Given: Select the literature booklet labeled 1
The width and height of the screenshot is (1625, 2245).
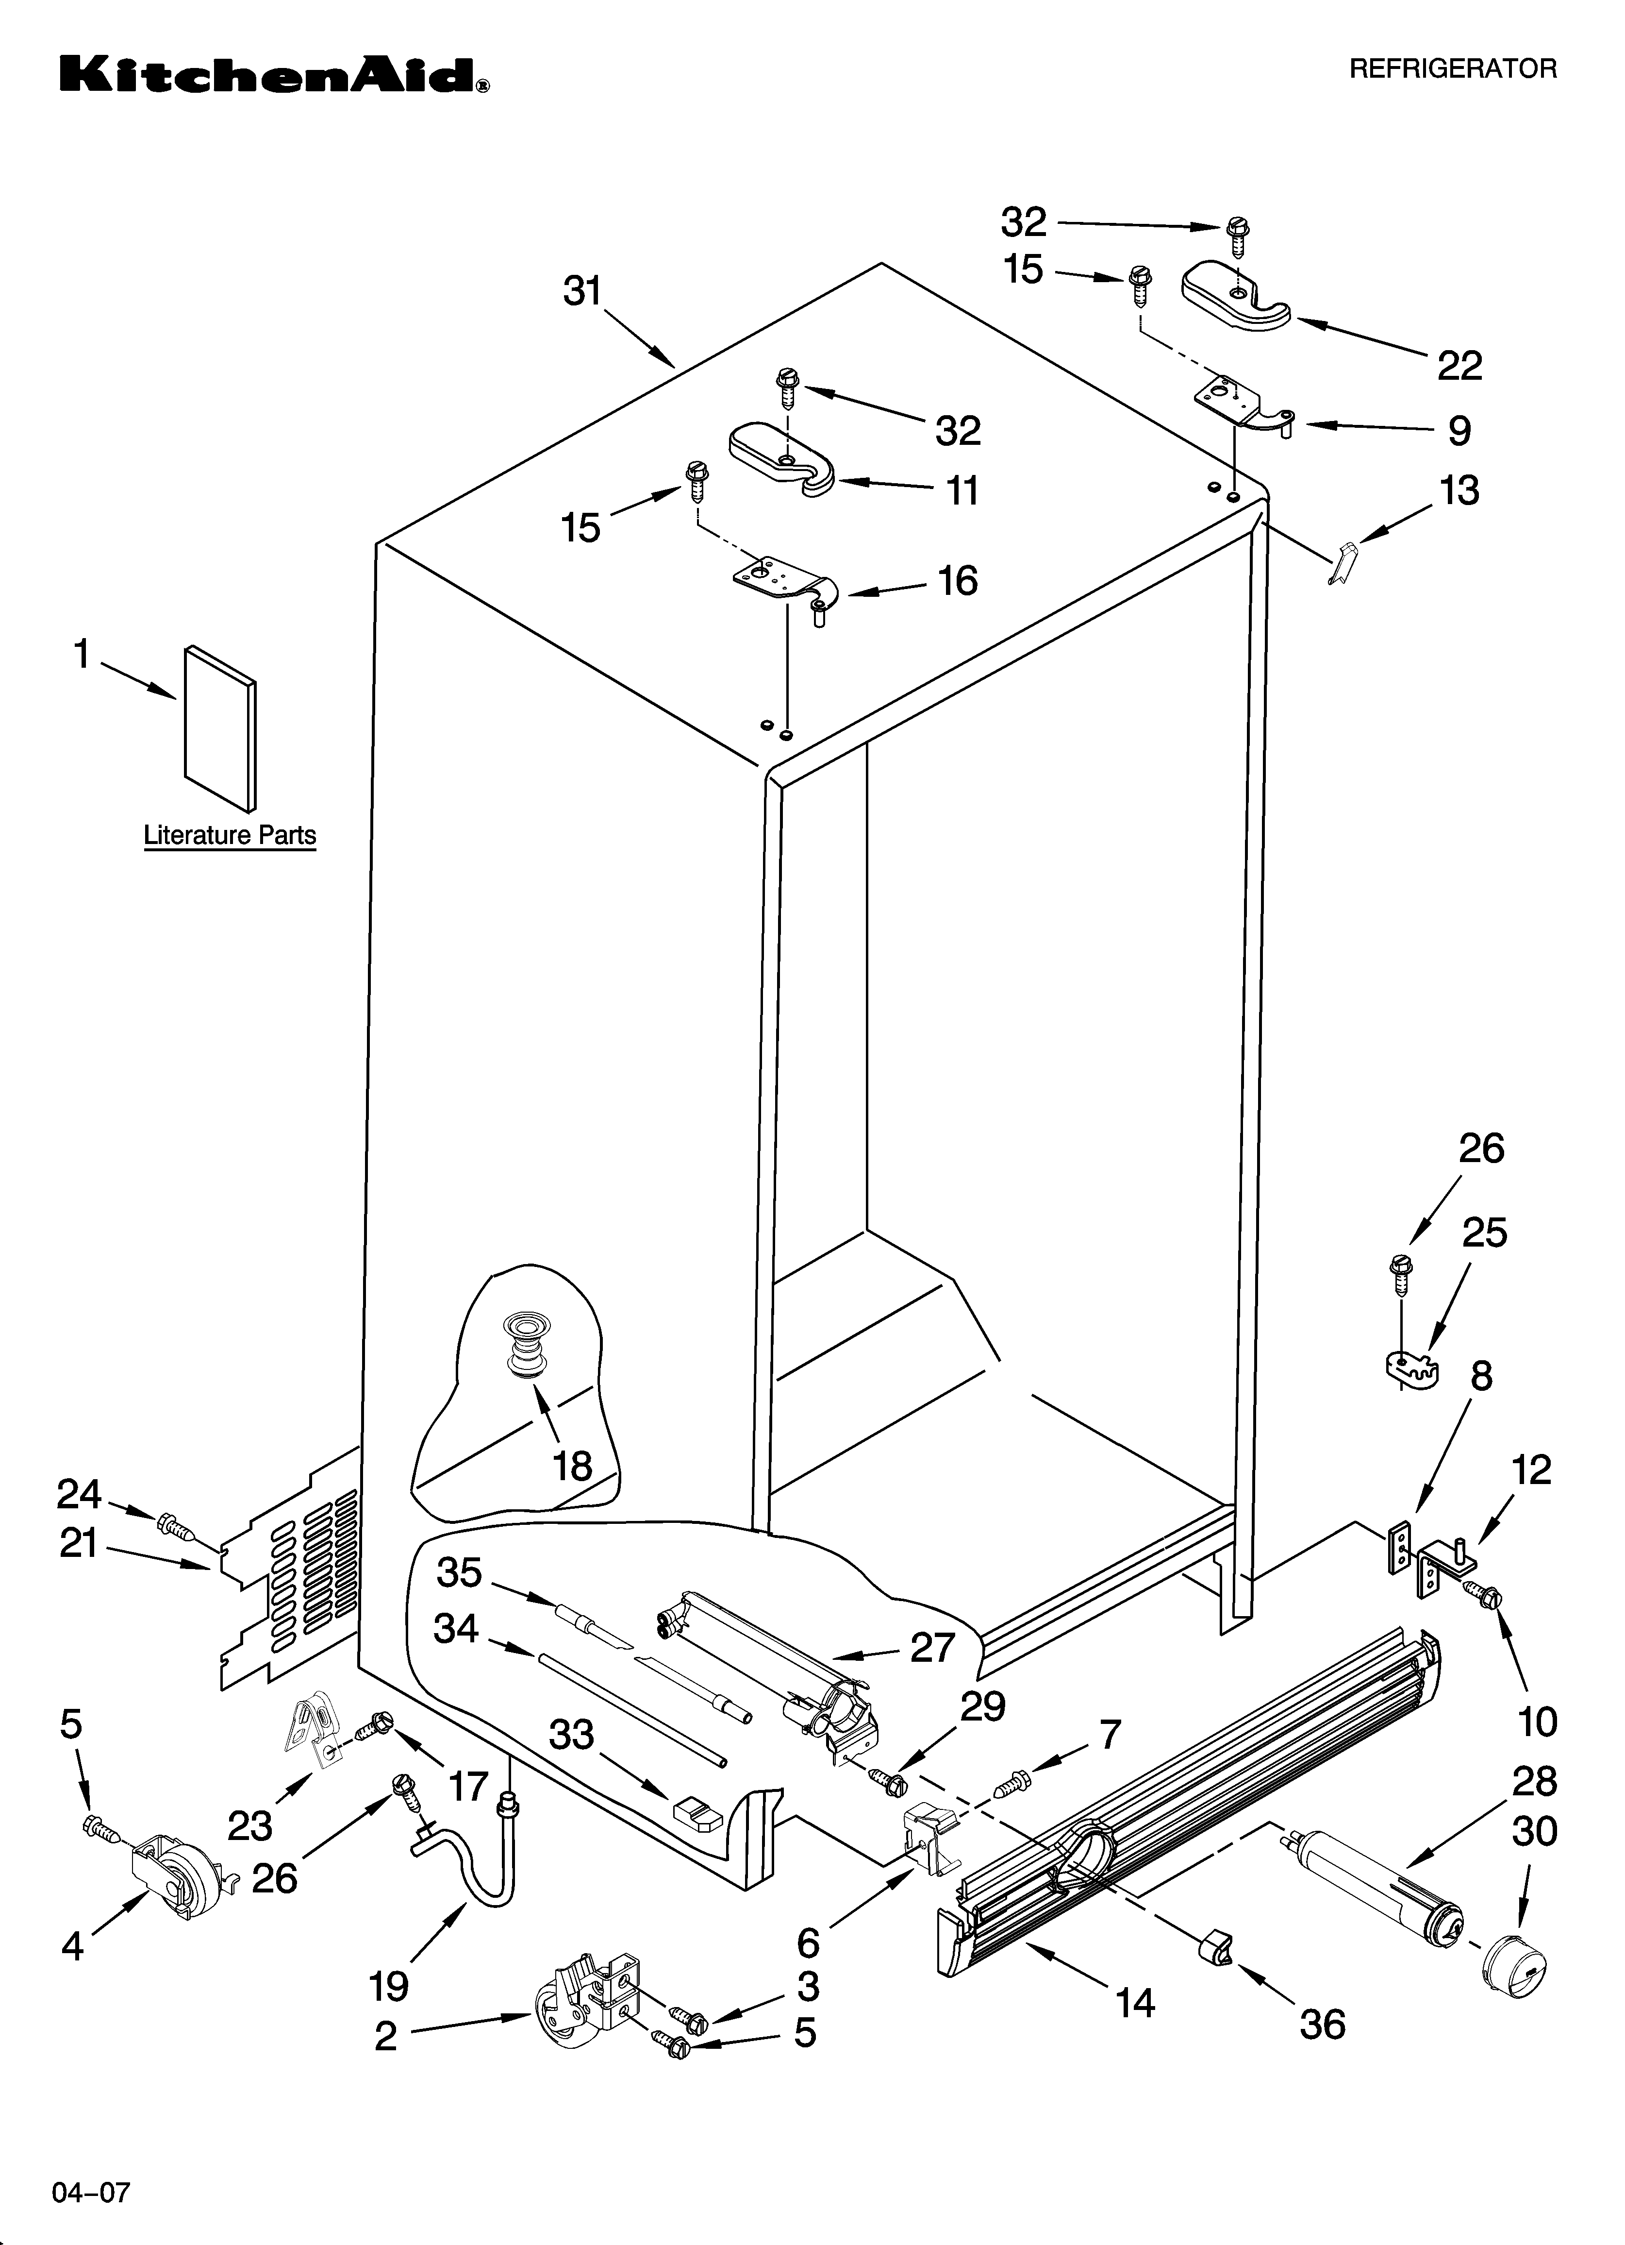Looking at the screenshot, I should [x=220, y=727].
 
